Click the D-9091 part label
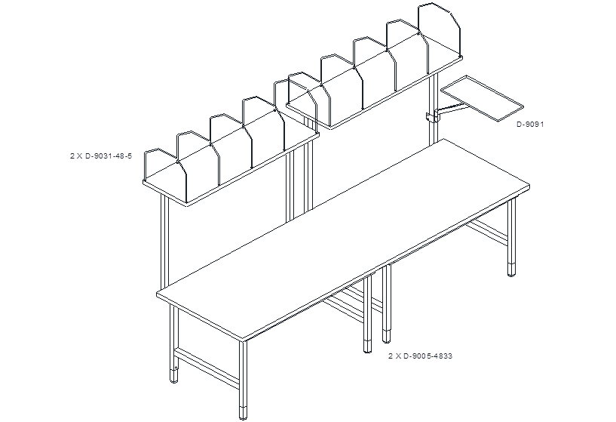pyautogui.click(x=530, y=125)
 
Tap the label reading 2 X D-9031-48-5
pyautogui.click(x=101, y=156)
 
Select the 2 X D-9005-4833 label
pyautogui.click(x=421, y=356)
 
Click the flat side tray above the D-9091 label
pyautogui.click(x=483, y=98)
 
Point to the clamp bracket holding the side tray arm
pyautogui.click(x=432, y=117)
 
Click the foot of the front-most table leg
pyautogui.click(x=244, y=413)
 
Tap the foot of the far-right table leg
pyautogui.click(x=511, y=270)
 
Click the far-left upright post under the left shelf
pyautogui.click(x=164, y=241)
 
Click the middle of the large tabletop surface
pyautogui.click(x=343, y=239)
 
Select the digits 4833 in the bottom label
pyautogui.click(x=443, y=356)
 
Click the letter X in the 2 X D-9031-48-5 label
pyautogui.click(x=79, y=156)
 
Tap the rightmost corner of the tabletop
pyautogui.click(x=529, y=186)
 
